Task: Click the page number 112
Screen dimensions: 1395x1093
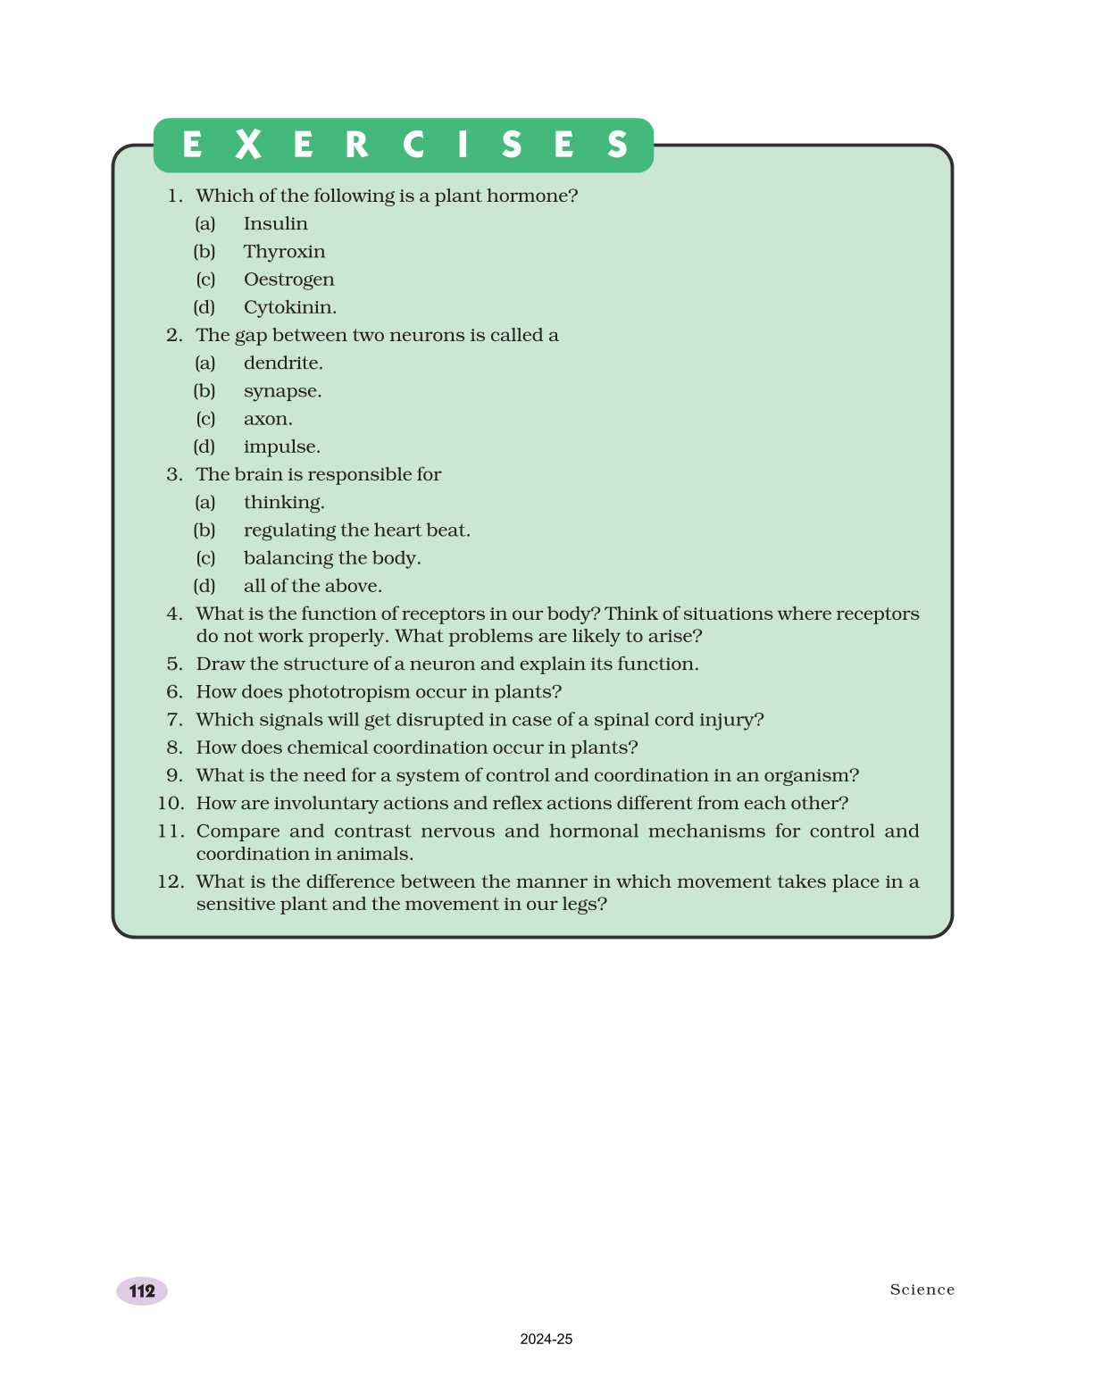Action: [x=142, y=1291]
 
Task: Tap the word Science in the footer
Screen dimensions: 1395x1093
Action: [x=922, y=1290]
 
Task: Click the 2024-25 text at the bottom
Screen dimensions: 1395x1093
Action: [x=546, y=1339]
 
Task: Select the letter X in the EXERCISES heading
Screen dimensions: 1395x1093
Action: [x=248, y=145]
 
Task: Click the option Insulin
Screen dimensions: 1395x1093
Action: [x=275, y=224]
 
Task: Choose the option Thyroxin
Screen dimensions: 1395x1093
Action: [x=284, y=252]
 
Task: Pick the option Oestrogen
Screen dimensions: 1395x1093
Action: [x=288, y=280]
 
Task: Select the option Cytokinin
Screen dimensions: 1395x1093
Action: [x=289, y=307]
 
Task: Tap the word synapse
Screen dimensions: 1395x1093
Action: [x=282, y=391]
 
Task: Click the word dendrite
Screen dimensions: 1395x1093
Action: [x=282, y=363]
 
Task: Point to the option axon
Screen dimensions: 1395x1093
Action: [x=267, y=419]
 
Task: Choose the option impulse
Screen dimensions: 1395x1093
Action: [x=281, y=447]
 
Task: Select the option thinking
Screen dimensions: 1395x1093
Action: [x=283, y=503]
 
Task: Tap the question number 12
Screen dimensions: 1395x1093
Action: [x=170, y=881]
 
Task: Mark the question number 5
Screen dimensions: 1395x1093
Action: [x=174, y=664]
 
